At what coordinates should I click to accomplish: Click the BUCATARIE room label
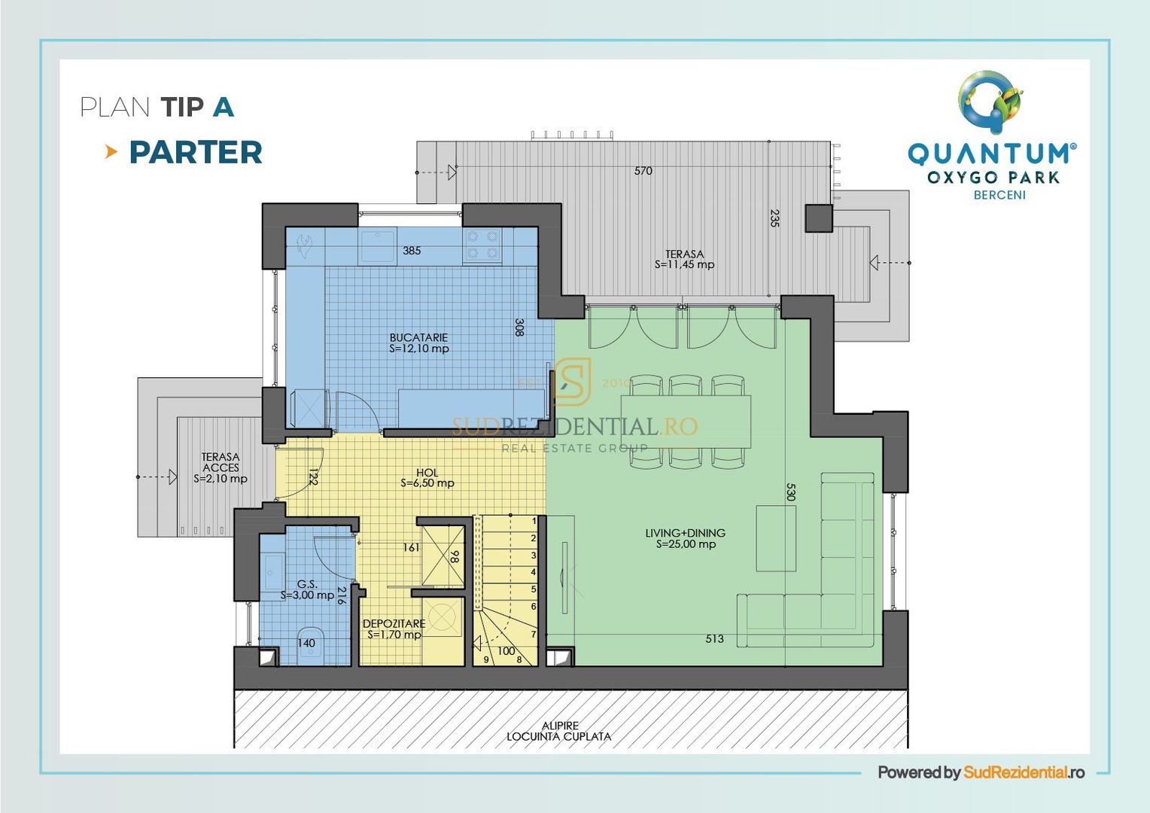click(418, 343)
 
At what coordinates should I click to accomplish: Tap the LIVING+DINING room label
click(685, 538)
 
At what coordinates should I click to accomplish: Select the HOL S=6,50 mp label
click(427, 478)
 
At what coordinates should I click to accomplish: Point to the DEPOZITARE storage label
click(394, 629)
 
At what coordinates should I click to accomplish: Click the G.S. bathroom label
click(307, 589)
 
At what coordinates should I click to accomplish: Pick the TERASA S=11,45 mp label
click(684, 260)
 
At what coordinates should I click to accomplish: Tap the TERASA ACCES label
click(220, 467)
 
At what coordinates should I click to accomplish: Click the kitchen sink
click(377, 245)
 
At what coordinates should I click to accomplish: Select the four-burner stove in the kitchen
click(482, 245)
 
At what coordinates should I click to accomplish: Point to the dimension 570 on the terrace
click(643, 171)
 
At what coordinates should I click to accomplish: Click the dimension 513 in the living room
click(714, 639)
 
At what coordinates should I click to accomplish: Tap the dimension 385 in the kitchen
click(412, 251)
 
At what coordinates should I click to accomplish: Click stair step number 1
click(534, 521)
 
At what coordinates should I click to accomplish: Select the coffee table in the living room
click(776, 538)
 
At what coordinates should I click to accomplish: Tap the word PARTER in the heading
click(196, 153)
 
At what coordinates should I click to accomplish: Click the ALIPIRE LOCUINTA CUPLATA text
click(558, 732)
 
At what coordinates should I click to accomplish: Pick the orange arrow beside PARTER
click(111, 152)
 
